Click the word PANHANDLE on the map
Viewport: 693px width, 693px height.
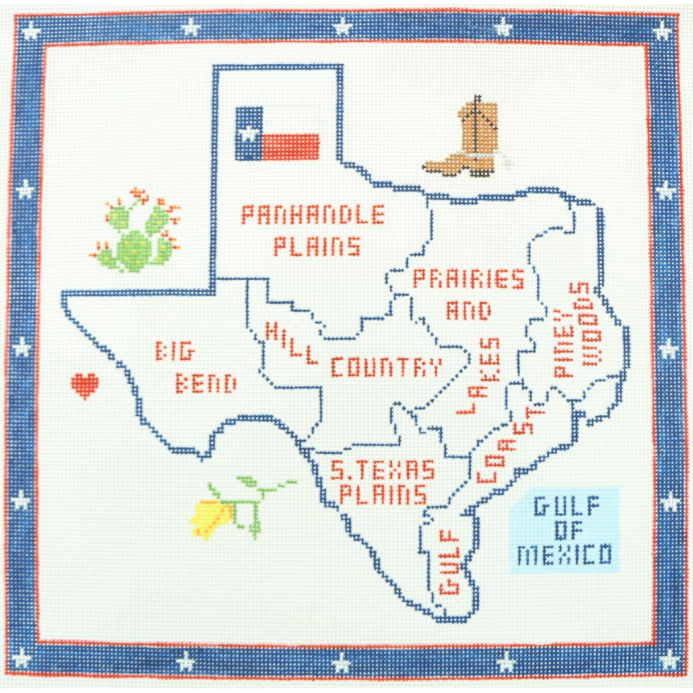click(x=312, y=215)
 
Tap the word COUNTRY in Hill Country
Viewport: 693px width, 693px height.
click(x=386, y=367)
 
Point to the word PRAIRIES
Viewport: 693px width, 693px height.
click(x=468, y=279)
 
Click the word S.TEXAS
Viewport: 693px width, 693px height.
click(x=382, y=470)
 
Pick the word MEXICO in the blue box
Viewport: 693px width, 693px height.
click(x=564, y=555)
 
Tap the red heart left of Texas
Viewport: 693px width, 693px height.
click(x=84, y=385)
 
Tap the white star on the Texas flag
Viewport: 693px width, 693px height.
click(x=249, y=133)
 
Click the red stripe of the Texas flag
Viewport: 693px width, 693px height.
click(x=291, y=147)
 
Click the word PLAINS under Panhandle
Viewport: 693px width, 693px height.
click(x=317, y=246)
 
